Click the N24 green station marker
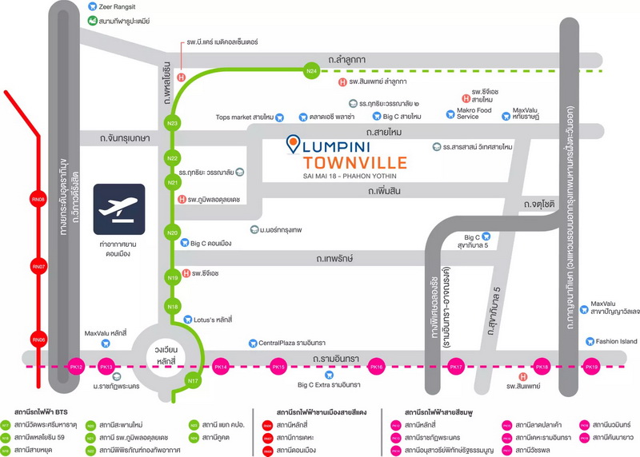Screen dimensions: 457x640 click(313, 71)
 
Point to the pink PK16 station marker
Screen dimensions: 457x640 click(377, 367)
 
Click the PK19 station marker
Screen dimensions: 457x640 click(592, 367)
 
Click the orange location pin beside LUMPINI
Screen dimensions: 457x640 click(294, 146)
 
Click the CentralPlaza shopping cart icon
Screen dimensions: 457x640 click(252, 342)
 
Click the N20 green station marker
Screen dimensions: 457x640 click(172, 232)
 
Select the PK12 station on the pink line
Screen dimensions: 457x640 click(77, 367)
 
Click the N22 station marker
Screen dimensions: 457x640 click(172, 158)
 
